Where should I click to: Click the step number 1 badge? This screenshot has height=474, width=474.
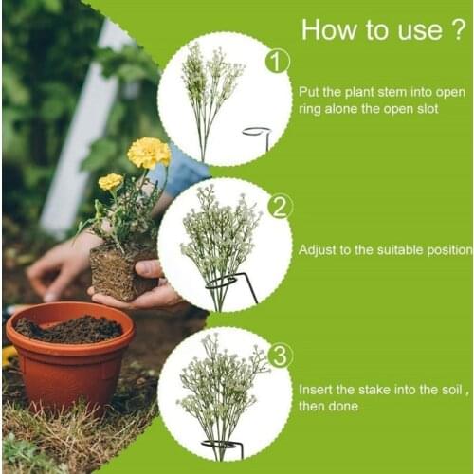coord(276,63)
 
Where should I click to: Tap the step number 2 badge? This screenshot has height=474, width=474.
coord(279,206)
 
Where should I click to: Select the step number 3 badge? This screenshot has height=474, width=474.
coord(279,355)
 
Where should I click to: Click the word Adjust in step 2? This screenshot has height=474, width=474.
coord(318,250)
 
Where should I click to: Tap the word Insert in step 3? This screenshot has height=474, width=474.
coord(316,390)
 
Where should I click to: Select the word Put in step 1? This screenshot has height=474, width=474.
coord(309,93)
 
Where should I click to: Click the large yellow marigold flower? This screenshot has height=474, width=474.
coord(148,152)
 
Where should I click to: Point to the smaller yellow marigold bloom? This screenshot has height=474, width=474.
coord(111,181)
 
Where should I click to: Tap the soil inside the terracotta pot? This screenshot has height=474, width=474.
coord(69,328)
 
